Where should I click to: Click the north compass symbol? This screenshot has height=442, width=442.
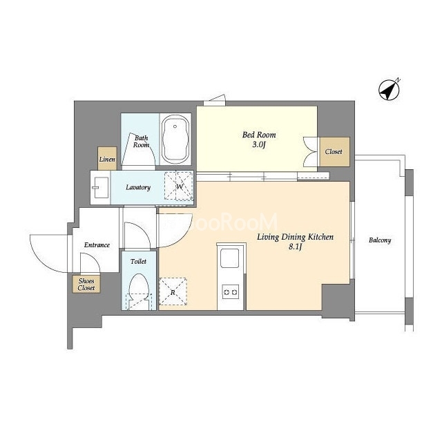pos(389,90)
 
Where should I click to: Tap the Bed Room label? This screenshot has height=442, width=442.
pos(259,135)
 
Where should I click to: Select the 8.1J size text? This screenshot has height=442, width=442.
pos(295,247)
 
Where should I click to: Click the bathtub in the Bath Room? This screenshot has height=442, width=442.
pos(175,139)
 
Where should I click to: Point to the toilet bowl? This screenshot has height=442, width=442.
pos(138,289)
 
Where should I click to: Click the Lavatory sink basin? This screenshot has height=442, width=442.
pos(100,187)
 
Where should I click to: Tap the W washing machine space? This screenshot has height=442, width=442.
pos(179,186)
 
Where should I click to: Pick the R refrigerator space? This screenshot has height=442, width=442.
pos(173,291)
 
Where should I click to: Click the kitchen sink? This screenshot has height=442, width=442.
pos(229,258)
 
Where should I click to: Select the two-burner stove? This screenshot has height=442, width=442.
pos(230,292)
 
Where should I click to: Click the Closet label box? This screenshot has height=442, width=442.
pos(334,152)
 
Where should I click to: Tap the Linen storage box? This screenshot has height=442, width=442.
pos(107,158)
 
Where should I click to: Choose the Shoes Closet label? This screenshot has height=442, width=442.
pos(86,285)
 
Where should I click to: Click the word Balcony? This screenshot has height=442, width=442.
pos(380,240)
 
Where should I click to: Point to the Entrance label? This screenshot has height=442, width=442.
pos(97,245)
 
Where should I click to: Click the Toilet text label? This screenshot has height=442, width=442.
pos(138,262)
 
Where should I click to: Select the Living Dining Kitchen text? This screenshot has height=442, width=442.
pos(295,237)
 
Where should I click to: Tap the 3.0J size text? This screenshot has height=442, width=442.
pos(259,145)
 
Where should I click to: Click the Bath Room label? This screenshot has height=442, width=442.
pos(141,142)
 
